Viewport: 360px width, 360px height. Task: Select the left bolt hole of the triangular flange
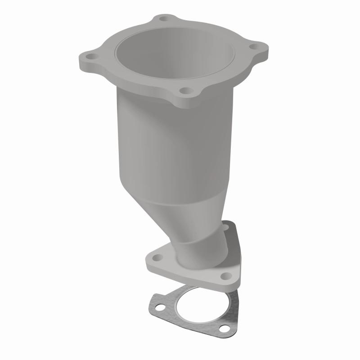coord(158,258)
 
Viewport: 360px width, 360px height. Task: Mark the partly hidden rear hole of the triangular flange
coord(226,228)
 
